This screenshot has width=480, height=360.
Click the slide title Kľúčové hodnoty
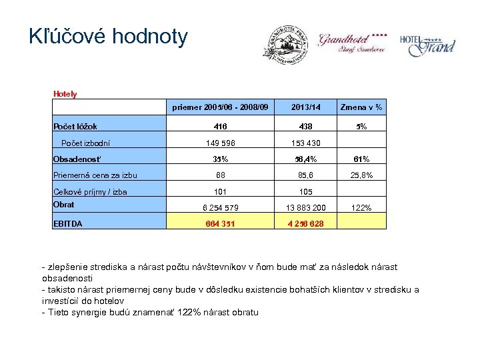(x=109, y=37)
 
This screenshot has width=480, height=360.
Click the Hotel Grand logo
(x=427, y=44)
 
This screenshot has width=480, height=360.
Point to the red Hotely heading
(x=65, y=94)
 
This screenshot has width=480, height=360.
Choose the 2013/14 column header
(x=306, y=107)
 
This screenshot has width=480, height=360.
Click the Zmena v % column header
(x=361, y=107)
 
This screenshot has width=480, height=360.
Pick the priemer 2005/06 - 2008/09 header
(x=220, y=107)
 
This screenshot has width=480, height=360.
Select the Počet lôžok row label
(x=75, y=126)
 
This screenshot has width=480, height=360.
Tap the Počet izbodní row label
(x=85, y=142)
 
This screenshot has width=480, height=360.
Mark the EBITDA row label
(x=68, y=223)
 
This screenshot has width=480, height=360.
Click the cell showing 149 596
(x=220, y=143)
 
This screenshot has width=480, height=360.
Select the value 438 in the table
(x=306, y=126)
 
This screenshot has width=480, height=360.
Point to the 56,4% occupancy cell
(x=306, y=159)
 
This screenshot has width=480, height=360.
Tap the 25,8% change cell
(x=361, y=175)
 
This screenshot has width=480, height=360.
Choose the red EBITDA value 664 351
(x=220, y=223)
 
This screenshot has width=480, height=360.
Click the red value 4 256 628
(x=306, y=223)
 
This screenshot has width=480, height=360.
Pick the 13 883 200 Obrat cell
(x=306, y=207)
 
